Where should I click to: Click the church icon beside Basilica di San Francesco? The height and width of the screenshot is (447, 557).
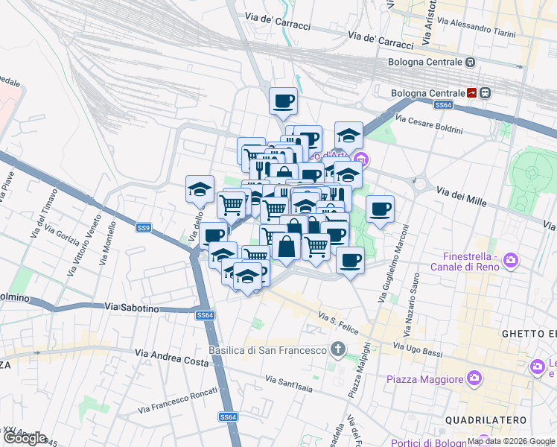pyautogui.click(x=338, y=349)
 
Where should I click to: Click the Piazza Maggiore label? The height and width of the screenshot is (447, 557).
pyautogui.click(x=425, y=380)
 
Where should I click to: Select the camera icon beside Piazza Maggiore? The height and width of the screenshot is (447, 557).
pyautogui.click(x=474, y=380)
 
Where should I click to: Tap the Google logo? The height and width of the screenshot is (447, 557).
pyautogui.click(x=25, y=438)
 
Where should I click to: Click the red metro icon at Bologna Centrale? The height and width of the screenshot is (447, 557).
pyautogui.click(x=472, y=93)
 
